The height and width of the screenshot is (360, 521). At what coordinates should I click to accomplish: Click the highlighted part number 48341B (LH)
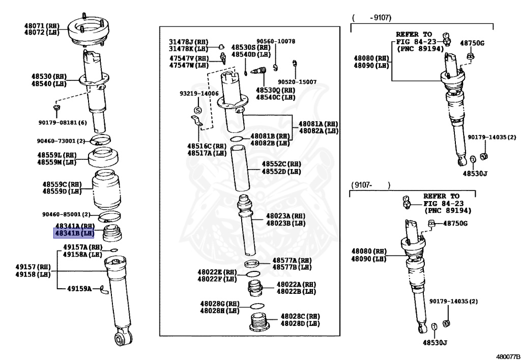click(x=74, y=234)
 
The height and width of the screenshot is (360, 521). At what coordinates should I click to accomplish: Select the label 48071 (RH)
click(x=42, y=25)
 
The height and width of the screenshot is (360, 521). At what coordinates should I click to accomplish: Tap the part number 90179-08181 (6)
click(x=62, y=122)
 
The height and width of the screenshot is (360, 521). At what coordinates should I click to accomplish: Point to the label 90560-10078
click(x=275, y=41)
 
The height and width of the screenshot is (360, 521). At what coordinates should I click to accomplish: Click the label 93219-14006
click(x=198, y=94)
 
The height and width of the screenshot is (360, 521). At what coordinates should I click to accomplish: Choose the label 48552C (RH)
click(x=281, y=164)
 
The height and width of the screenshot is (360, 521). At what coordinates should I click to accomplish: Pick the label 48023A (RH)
click(x=285, y=215)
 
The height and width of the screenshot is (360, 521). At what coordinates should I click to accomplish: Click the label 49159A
click(x=79, y=289)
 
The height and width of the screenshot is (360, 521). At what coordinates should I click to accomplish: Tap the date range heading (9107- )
click(x=370, y=185)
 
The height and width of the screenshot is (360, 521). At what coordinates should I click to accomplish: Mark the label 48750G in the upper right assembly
click(x=472, y=43)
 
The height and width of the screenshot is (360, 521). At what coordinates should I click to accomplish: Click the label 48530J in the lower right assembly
click(x=434, y=342)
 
